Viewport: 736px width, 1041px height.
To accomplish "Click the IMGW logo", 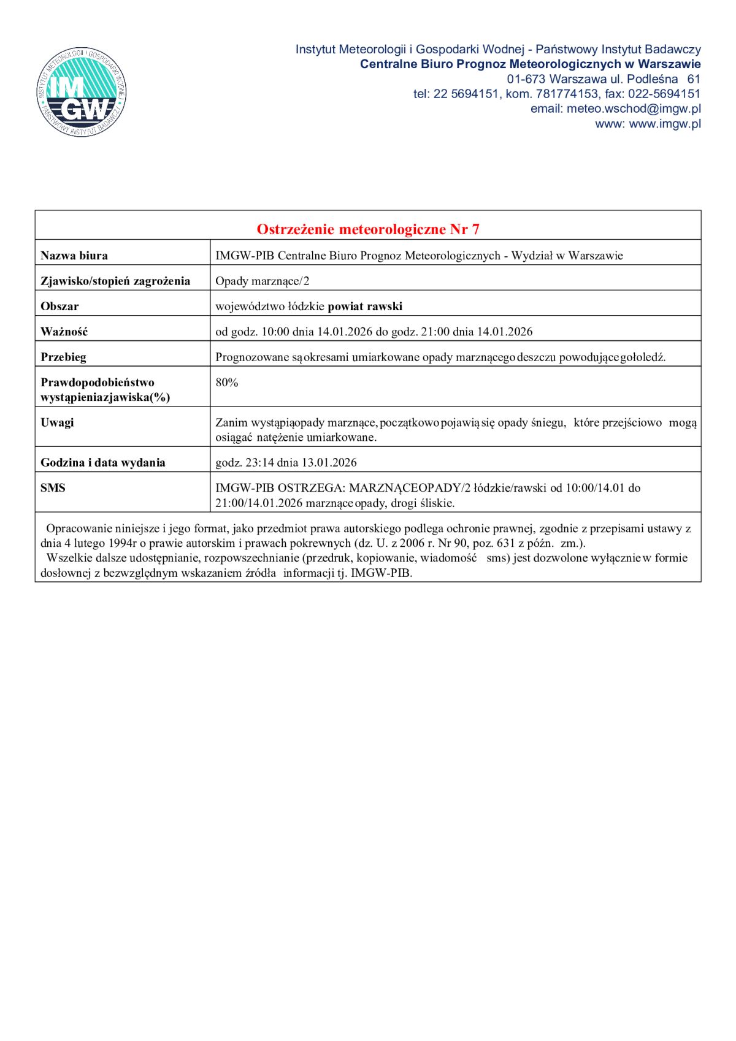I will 81,93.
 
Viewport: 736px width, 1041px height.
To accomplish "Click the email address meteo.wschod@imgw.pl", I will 634,109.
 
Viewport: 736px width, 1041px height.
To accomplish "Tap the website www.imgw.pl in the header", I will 665,124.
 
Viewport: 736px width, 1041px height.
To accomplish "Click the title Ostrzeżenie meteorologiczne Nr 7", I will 368,229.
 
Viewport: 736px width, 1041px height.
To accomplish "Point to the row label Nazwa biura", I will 74,256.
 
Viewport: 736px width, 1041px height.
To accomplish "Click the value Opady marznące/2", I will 263,281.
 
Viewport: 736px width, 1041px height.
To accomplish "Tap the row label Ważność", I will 64,332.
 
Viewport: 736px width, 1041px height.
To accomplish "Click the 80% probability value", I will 227,383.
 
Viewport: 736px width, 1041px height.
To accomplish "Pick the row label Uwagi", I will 57,422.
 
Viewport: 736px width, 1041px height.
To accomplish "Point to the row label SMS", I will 53,488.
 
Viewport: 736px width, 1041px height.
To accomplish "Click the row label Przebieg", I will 63,357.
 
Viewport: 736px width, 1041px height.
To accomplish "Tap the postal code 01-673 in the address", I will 526,79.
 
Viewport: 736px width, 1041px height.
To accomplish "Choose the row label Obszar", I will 59,307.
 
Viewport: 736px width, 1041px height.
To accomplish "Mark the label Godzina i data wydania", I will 103,463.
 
